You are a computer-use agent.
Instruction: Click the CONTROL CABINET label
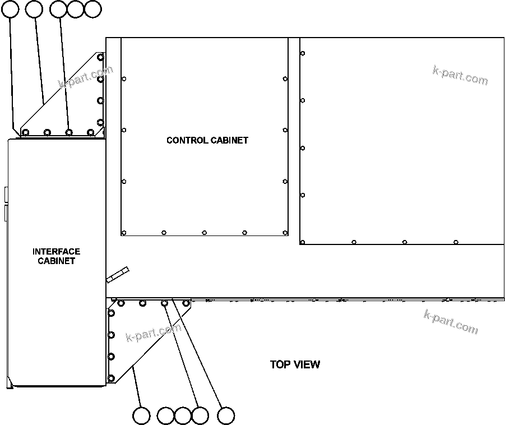point(207,140)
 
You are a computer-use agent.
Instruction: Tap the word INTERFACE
point(56,252)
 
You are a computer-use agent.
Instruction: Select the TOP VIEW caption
point(295,364)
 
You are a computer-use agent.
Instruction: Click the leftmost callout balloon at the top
point(10,8)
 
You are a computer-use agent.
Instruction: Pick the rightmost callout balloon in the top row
point(93,8)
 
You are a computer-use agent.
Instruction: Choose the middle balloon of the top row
point(58,8)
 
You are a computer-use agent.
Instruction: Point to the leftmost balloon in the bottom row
point(142,416)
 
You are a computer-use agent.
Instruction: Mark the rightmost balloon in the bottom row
point(226,416)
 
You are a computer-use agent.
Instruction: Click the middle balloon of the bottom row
point(183,416)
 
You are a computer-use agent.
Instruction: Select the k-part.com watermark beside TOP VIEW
point(451,322)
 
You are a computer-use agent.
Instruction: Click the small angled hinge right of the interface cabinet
point(118,274)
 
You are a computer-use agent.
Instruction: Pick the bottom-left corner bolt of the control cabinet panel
point(124,233)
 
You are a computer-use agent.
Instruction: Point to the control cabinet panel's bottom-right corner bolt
point(285,233)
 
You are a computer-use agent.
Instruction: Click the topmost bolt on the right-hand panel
point(303,53)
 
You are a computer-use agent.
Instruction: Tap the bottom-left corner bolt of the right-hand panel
point(303,242)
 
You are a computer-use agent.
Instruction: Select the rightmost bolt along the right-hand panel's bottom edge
point(456,242)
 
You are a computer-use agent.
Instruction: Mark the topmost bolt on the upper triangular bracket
point(100,57)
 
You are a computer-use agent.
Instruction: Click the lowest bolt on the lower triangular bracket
point(111,378)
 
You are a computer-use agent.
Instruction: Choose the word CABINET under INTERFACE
point(56,261)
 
